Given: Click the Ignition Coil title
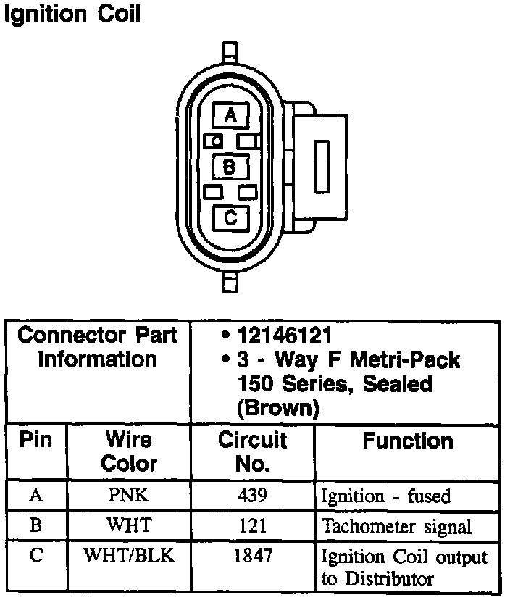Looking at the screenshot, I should [72, 15].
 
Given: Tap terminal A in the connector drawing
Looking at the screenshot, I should [230, 115].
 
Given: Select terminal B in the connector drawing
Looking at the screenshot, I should [230, 167].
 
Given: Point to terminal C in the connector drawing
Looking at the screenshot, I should [230, 217].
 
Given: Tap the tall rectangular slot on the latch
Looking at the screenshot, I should [321, 166].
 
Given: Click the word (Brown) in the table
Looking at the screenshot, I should [278, 408].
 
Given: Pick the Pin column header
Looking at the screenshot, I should [35, 441].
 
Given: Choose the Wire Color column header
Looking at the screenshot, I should [128, 451].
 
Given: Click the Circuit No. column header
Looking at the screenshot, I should [252, 451].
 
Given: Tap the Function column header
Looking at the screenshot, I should [408, 441].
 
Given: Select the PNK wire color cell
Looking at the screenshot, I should [128, 496].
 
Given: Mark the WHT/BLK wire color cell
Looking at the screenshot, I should [128, 556].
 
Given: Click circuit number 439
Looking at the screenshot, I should [253, 496].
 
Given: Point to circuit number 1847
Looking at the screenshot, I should [253, 556].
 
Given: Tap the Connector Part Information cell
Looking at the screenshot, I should [98, 347].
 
